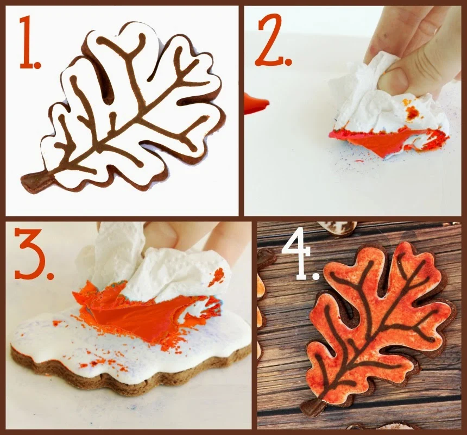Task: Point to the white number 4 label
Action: tap(300, 259)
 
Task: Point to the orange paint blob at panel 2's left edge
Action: tap(256, 103)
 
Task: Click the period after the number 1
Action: tap(37, 64)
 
